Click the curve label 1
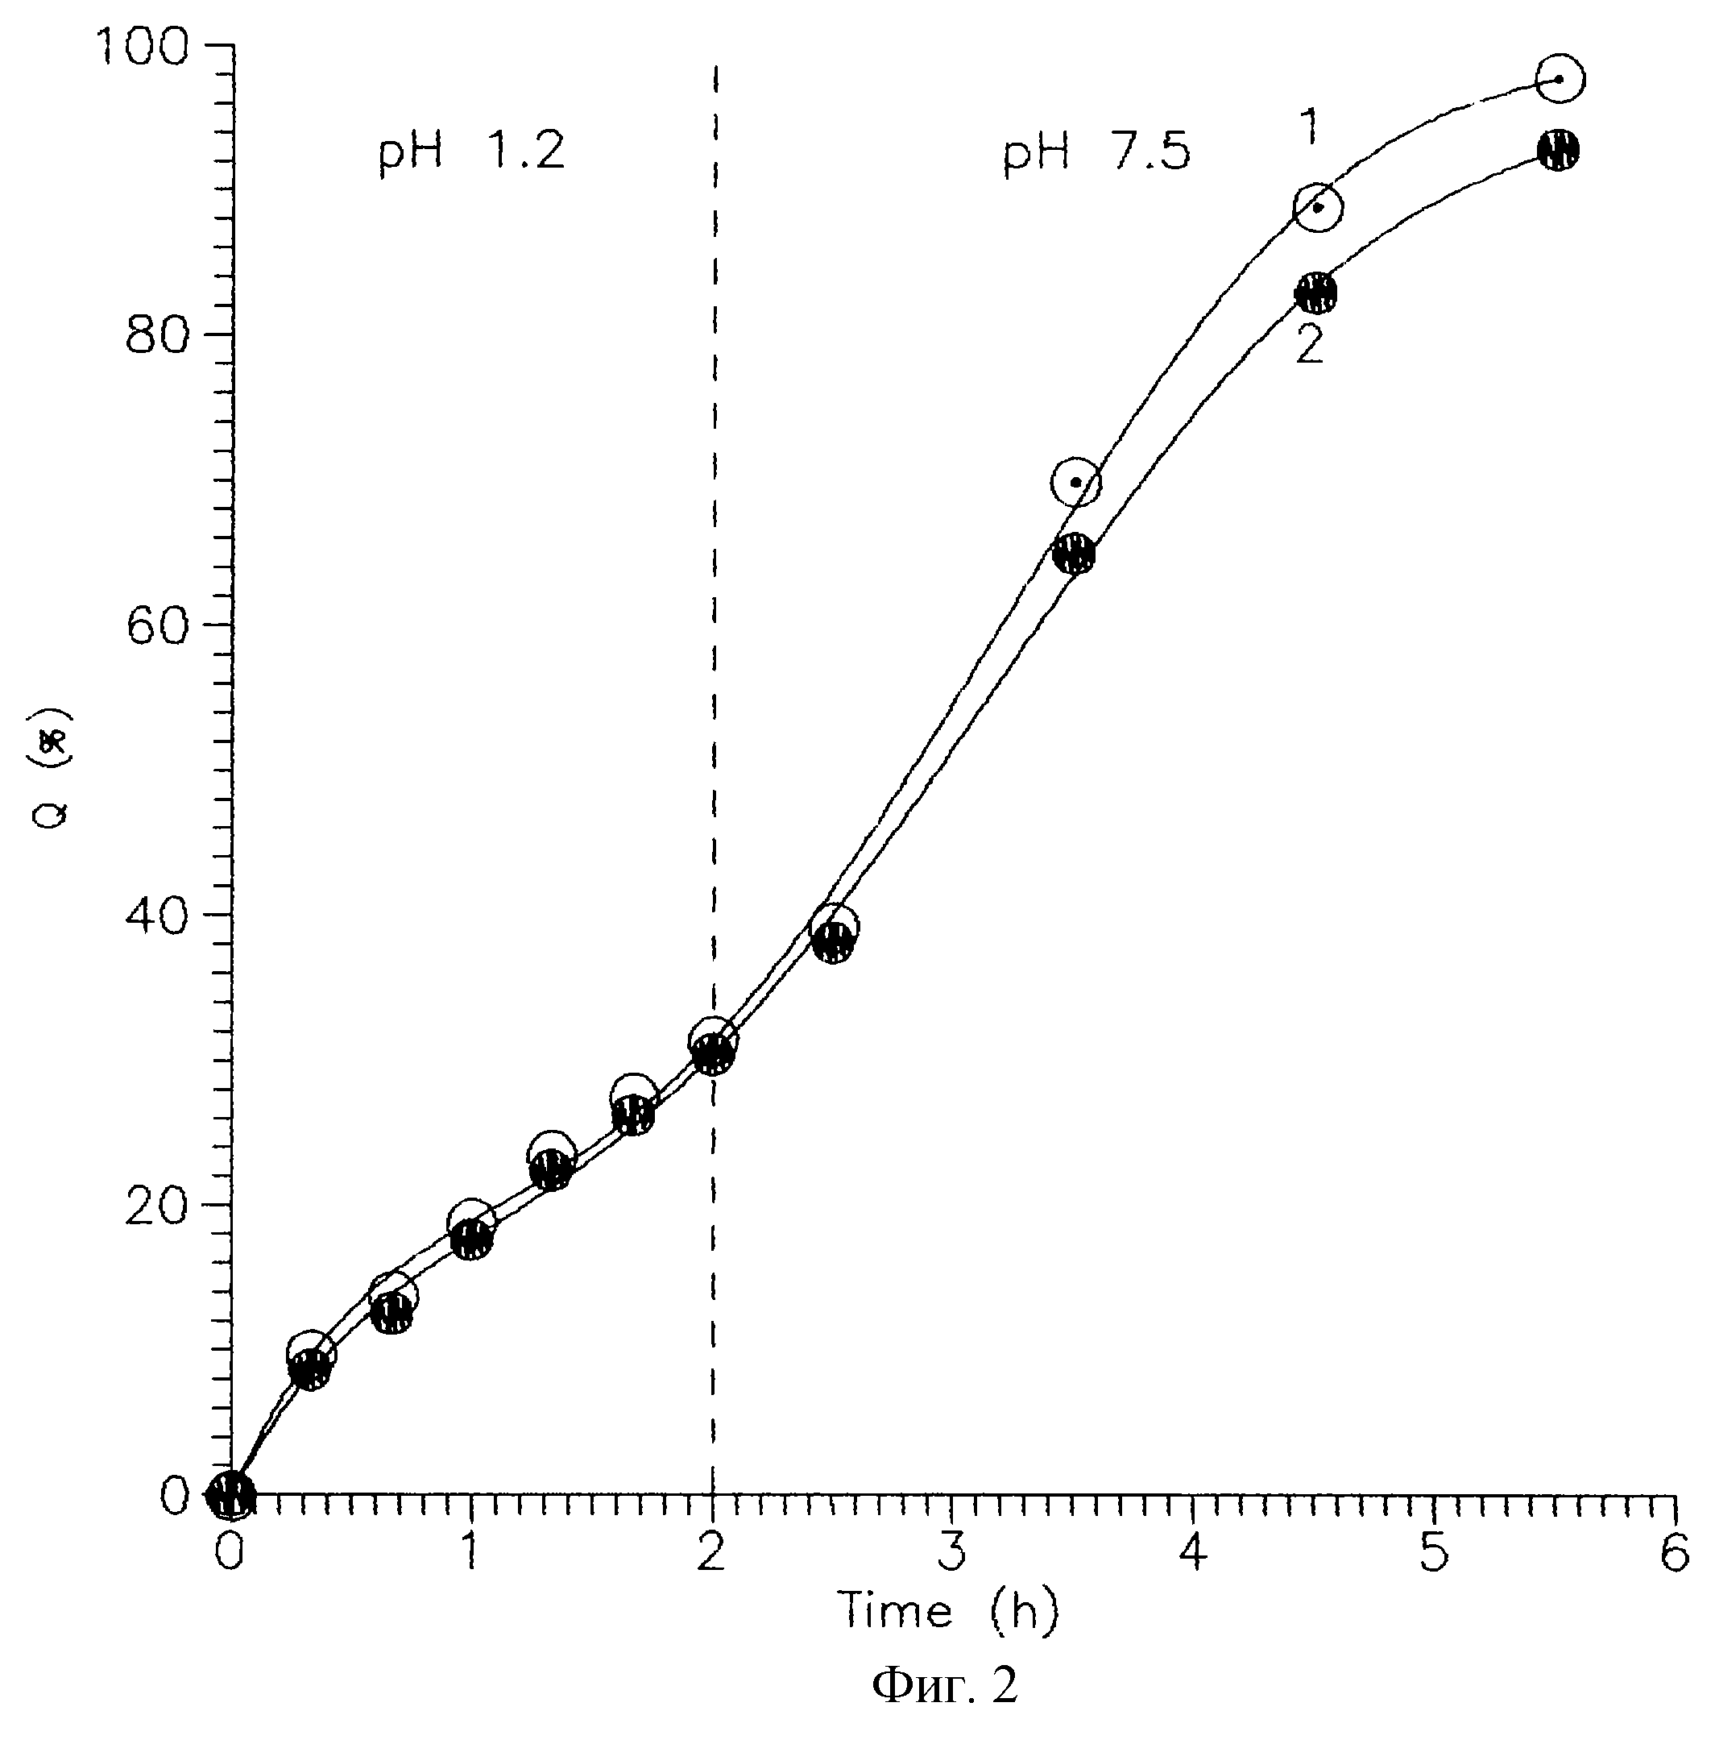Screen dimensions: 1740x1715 [1311, 127]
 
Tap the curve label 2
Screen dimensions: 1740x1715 [1310, 344]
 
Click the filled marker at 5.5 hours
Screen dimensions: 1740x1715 [1559, 150]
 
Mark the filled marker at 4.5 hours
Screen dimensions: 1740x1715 [1315, 293]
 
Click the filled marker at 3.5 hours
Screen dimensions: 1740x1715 [1074, 554]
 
